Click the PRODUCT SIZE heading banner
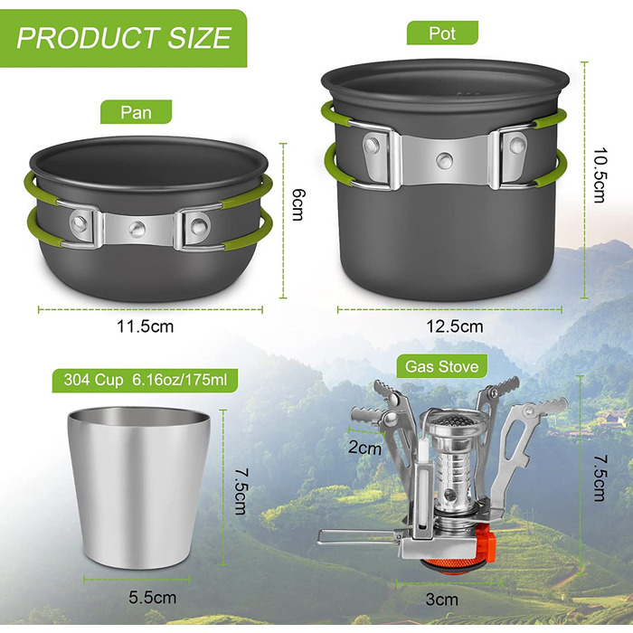[x=123, y=38]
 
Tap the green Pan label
[x=136, y=112]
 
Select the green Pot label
[x=442, y=33]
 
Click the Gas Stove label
[x=441, y=366]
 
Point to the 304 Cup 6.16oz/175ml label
[x=145, y=381]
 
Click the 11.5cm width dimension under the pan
[x=145, y=326]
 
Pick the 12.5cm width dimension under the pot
[x=455, y=326]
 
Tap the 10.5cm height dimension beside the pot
[x=600, y=175]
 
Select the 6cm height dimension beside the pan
[x=298, y=205]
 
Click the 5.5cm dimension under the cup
[x=153, y=598]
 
